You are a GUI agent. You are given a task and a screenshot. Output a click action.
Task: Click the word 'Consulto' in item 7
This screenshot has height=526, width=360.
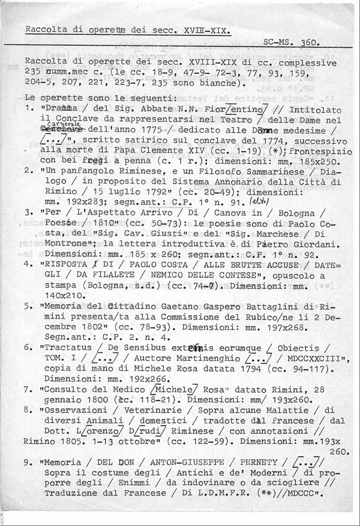coord(65,389)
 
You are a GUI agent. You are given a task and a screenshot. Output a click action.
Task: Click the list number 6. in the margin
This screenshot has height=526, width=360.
coord(29,348)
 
